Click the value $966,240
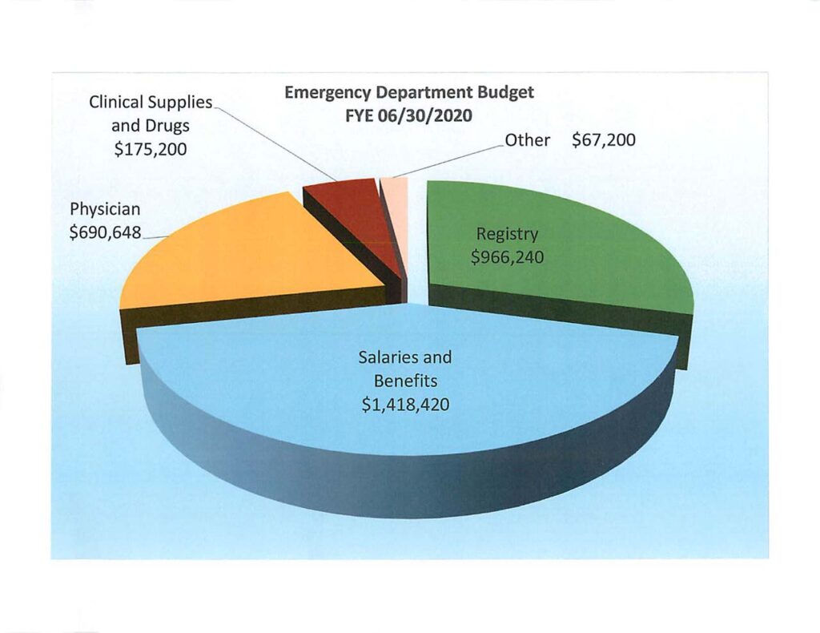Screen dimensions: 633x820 [507, 260]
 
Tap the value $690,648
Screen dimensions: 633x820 [105, 233]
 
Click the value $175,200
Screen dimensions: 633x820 [151, 149]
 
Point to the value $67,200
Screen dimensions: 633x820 [604, 141]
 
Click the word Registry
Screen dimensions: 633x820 [507, 234]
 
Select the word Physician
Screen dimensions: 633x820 [105, 209]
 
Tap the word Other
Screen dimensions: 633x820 [529, 141]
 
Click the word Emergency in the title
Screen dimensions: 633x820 [327, 93]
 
